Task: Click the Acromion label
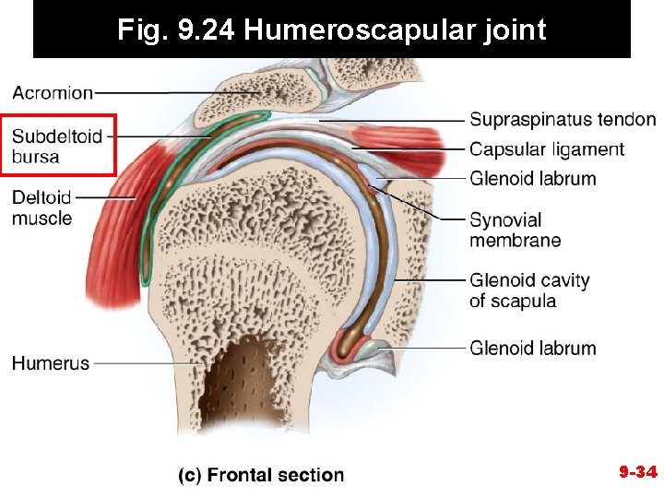[53, 92]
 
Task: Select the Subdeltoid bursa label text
[57, 147]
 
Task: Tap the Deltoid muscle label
[42, 207]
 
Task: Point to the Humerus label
[51, 363]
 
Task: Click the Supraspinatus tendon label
[563, 120]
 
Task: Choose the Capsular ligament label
[547, 149]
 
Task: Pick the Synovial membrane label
[515, 230]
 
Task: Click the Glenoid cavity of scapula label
[529, 290]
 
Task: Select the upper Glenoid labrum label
[533, 178]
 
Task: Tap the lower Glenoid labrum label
[533, 349]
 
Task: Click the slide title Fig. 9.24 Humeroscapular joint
[332, 30]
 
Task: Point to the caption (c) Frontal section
[261, 475]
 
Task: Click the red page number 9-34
[637, 473]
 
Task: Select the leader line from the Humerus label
[148, 363]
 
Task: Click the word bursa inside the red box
[36, 157]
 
